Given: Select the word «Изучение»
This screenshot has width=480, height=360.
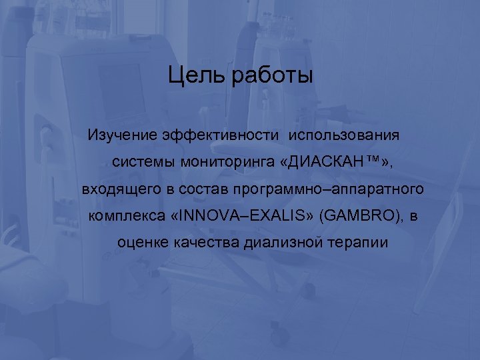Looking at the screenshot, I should (x=122, y=135).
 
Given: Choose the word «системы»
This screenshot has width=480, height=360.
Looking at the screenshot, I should (x=139, y=162).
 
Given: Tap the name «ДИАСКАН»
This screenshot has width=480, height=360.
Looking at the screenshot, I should (x=316, y=162).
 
